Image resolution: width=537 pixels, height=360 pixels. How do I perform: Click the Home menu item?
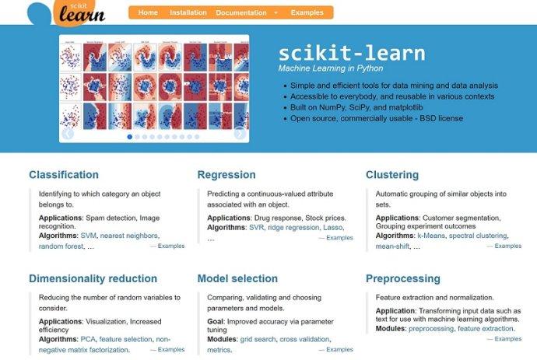[148, 12]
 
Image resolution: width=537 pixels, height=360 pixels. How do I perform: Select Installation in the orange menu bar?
[188, 12]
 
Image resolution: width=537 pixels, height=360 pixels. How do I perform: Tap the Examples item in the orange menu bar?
[307, 12]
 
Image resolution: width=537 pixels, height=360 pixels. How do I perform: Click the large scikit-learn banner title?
[352, 54]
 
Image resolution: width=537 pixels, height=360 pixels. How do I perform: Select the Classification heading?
[64, 175]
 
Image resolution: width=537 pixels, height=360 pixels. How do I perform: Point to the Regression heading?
[226, 175]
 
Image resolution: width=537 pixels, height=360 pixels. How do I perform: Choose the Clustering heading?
[392, 175]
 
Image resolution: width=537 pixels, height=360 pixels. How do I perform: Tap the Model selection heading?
[237, 278]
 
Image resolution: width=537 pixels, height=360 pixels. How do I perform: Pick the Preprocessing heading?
[402, 278]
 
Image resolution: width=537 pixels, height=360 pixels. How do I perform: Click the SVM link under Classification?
[88, 235]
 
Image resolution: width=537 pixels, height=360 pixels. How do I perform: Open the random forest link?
[61, 246]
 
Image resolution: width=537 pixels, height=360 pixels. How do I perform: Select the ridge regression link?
[293, 229]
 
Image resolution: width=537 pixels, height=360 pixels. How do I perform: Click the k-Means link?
[430, 235]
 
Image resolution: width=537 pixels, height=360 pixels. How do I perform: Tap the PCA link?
[87, 339]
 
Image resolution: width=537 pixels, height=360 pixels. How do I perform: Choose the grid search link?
[258, 339]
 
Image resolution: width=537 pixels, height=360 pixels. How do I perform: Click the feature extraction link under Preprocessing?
[485, 329]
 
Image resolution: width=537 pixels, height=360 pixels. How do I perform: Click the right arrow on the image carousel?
[240, 133]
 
